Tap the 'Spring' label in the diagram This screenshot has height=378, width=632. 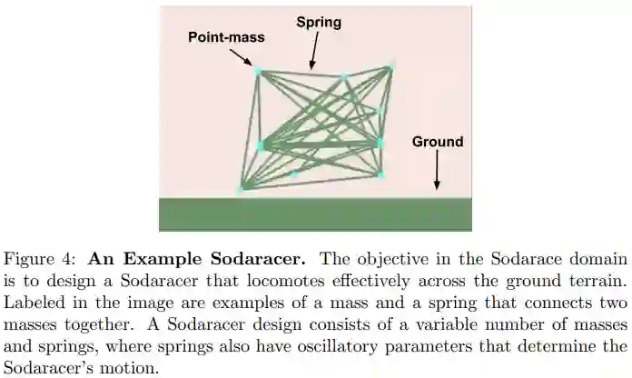point(319,22)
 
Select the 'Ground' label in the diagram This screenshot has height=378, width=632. point(437,142)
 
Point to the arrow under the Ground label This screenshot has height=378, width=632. point(437,170)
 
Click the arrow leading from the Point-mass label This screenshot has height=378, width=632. point(241,57)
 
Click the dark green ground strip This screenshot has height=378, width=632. point(315,214)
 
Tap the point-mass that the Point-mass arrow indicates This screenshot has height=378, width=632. point(257,71)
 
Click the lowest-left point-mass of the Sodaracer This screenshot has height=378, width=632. point(242,189)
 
